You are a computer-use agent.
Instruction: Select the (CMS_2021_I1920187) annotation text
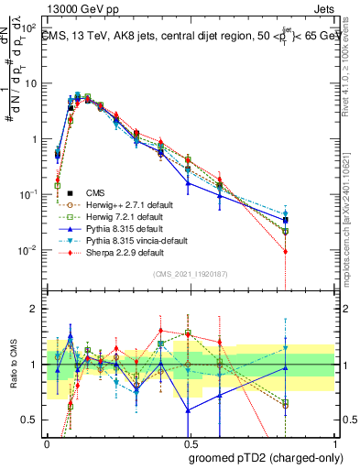(x=190, y=274)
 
